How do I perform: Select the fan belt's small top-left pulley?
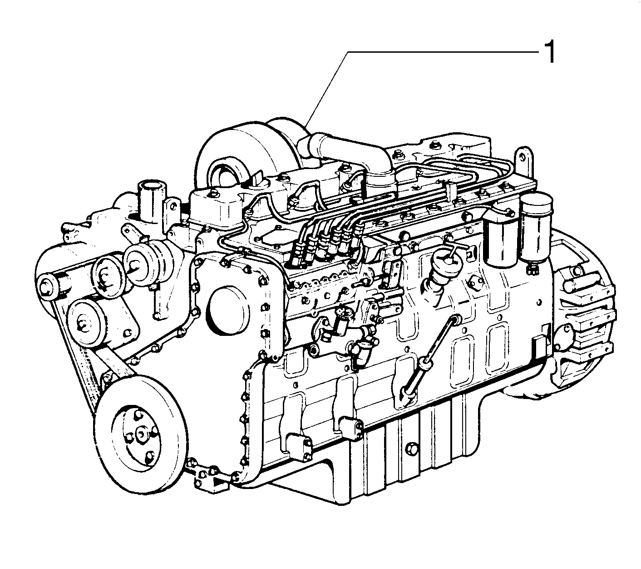(x=47, y=287)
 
